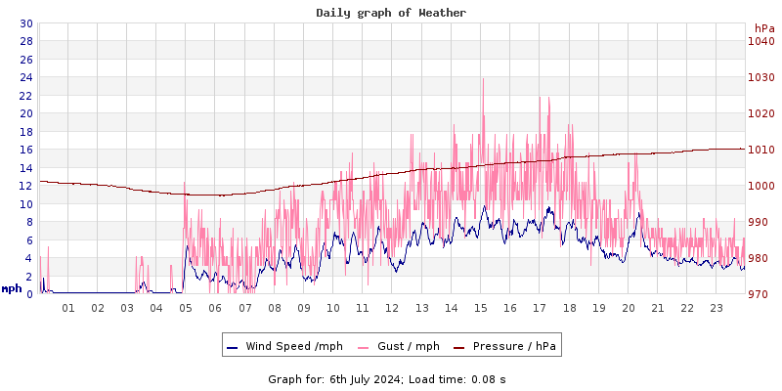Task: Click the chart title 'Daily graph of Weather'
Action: click(x=391, y=13)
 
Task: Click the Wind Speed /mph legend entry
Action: click(x=284, y=346)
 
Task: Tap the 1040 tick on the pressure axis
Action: click(x=760, y=41)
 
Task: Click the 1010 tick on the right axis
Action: click(x=760, y=150)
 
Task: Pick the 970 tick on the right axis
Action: click(x=760, y=294)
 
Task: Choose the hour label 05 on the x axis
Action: click(x=186, y=308)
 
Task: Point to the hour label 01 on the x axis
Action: click(x=68, y=308)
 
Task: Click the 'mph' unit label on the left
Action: click(x=12, y=288)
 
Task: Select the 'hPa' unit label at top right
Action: click(x=763, y=28)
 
